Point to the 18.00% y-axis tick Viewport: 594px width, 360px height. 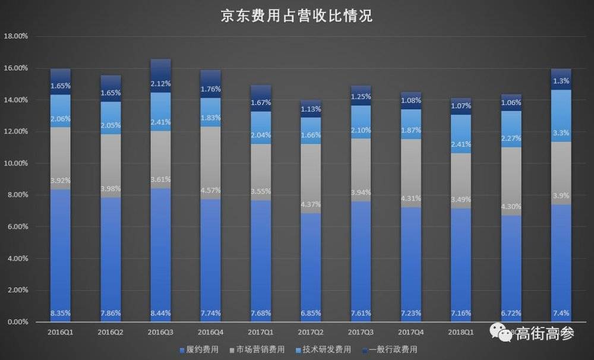click(x=16, y=36)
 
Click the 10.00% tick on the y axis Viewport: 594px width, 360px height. click(x=16, y=163)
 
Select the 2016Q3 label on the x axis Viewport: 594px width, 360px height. click(x=160, y=333)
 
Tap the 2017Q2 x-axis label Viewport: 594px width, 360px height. click(x=311, y=333)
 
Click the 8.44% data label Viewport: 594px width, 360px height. click(x=160, y=313)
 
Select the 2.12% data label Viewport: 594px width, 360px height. click(x=160, y=83)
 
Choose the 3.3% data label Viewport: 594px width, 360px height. click(x=561, y=134)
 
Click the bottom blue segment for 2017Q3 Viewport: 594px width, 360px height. click(x=361, y=261)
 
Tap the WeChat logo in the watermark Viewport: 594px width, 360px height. click(x=504, y=334)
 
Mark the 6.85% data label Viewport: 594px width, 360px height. click(x=311, y=313)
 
